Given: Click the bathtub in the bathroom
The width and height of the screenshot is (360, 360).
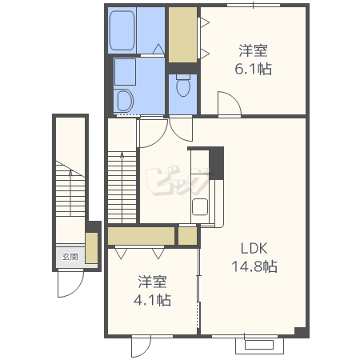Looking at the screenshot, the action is (x=122, y=30).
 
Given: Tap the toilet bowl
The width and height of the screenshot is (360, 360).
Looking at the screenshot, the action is (x=183, y=86).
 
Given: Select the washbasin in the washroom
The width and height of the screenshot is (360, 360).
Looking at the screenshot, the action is (x=125, y=101).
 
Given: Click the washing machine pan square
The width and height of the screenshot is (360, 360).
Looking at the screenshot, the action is (x=125, y=72).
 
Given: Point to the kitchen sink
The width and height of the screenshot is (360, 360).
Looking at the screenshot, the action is (x=200, y=207).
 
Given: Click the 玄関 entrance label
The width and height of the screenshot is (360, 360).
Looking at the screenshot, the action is (x=70, y=257).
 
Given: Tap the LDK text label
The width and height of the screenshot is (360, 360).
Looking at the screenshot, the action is (x=254, y=248).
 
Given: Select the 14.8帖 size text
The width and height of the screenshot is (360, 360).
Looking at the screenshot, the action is (x=254, y=266).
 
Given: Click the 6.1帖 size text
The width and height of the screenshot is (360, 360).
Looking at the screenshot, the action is (x=254, y=69).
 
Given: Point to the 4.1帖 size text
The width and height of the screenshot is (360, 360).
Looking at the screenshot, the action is (x=152, y=300).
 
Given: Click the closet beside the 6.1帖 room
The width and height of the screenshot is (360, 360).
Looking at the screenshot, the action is (x=182, y=35).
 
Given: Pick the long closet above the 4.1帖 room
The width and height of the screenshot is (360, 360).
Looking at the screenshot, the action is (x=141, y=236).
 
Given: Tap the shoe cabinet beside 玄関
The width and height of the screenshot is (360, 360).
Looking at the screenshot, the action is (x=91, y=248).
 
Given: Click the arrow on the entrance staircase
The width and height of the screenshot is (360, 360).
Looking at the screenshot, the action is (x=70, y=193).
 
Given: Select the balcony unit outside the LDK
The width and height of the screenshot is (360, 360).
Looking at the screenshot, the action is (x=259, y=345).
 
